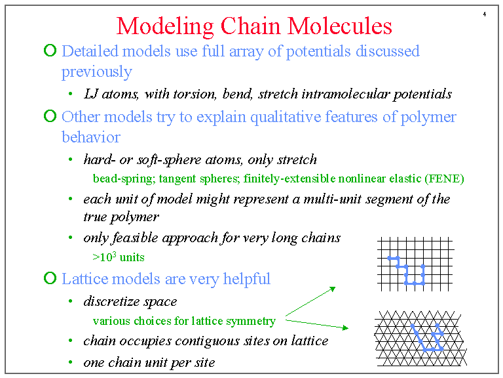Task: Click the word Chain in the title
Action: tap(250, 26)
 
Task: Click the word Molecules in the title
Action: tap(339, 26)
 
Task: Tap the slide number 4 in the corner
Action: tap(485, 14)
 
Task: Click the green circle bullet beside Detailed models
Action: tap(50, 50)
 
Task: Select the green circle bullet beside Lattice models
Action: tap(50, 278)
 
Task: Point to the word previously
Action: tap(96, 72)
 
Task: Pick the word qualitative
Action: tap(286, 117)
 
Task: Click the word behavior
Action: tap(91, 137)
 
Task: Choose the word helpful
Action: tap(247, 279)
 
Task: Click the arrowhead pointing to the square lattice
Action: tap(333, 289)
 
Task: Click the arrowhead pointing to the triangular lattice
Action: tap(346, 327)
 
